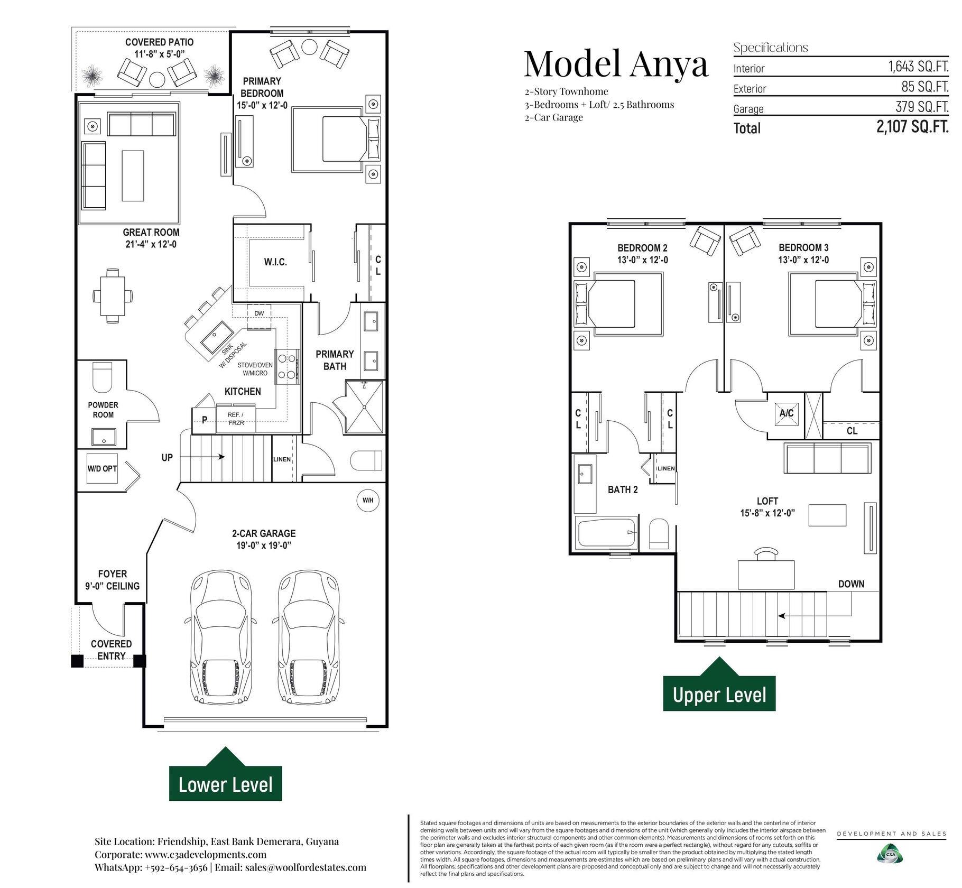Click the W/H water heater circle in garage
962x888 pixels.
[x=368, y=501]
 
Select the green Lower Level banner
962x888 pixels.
[x=225, y=774]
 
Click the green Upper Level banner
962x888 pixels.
[x=719, y=684]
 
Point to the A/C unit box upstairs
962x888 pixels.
[x=786, y=413]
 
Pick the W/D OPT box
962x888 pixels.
[x=102, y=469]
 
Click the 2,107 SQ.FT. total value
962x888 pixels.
[x=912, y=127]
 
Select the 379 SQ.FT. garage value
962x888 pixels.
[x=922, y=107]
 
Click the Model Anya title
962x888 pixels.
[x=616, y=64]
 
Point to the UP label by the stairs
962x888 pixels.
[x=167, y=458]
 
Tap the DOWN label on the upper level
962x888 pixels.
[x=851, y=584]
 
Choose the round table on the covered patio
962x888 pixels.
[x=158, y=80]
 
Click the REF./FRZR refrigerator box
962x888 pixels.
[x=236, y=419]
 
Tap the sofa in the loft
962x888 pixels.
[x=827, y=458]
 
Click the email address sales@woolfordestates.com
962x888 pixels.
[x=306, y=867]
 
